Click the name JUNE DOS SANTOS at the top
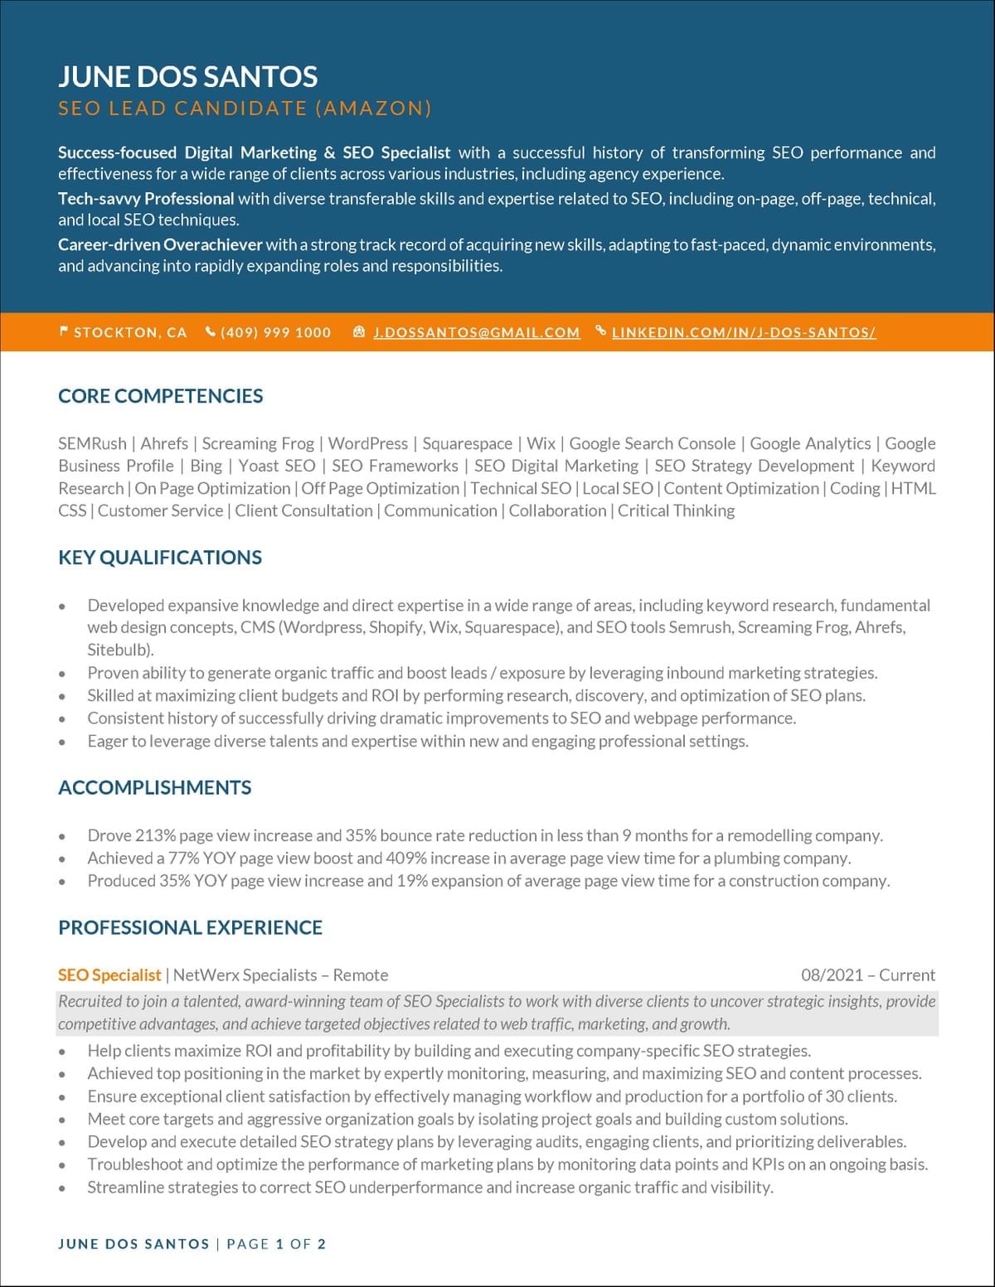point(187,76)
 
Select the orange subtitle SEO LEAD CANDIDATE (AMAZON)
point(245,108)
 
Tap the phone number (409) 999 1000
point(275,332)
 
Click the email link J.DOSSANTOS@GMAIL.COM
point(476,332)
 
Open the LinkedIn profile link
point(743,332)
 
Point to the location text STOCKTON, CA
point(130,332)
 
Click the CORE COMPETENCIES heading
point(160,396)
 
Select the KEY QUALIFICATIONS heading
point(160,558)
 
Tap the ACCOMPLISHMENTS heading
point(154,787)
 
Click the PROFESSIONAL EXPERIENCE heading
point(190,927)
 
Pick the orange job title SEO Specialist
point(109,975)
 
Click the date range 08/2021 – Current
point(867,975)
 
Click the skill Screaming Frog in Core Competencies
point(258,443)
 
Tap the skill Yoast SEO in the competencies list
point(277,466)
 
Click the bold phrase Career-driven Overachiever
point(160,244)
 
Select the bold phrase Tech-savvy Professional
point(146,199)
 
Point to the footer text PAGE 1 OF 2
point(276,1244)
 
